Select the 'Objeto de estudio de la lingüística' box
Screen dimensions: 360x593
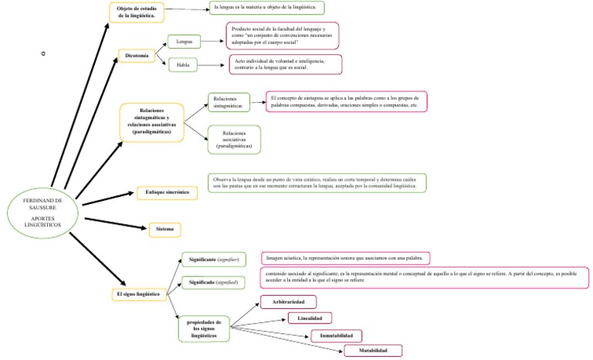(135, 12)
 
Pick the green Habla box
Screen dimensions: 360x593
(183, 65)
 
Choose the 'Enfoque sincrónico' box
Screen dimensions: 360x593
(167, 192)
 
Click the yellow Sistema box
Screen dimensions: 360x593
(164, 229)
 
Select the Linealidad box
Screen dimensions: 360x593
(309, 318)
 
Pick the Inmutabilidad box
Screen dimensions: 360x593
(336, 335)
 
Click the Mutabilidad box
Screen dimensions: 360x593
(374, 351)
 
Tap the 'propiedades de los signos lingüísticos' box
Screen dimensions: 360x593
(204, 329)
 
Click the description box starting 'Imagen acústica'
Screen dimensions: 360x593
(344, 258)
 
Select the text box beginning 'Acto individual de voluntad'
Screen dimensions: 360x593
(285, 64)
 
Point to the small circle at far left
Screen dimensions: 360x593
(43, 53)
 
